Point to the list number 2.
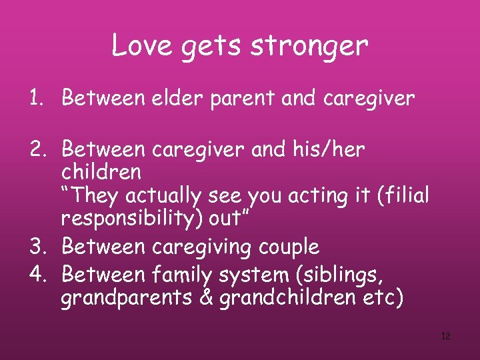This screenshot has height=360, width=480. [35, 150]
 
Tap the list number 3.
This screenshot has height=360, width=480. [35, 247]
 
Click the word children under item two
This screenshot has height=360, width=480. [101, 172]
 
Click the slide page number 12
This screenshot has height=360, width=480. [446, 336]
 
